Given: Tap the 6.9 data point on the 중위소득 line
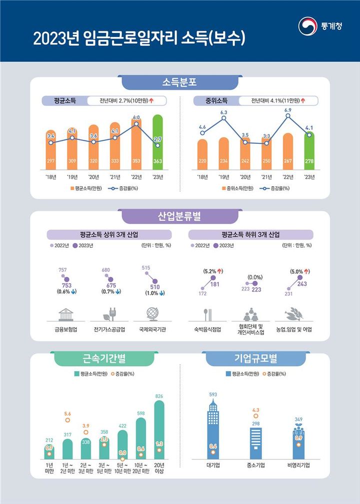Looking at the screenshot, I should (288, 116).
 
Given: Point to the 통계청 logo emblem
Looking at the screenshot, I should (306, 27).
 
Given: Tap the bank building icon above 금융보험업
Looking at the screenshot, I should (65, 314).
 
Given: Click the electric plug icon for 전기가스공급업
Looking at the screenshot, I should (109, 314).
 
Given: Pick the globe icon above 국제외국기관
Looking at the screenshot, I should (153, 314).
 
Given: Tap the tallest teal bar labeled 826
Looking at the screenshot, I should (159, 430).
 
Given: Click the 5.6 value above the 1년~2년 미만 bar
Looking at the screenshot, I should (67, 414).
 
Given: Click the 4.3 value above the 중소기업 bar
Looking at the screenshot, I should (256, 410).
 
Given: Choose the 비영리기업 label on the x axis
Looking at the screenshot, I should (298, 466).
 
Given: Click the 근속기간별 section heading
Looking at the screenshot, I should (104, 358).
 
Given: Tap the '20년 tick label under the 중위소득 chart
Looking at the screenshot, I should (245, 177).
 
